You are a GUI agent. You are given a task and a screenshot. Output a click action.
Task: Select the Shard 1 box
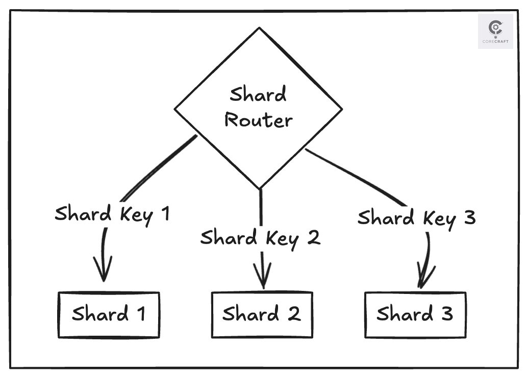click(109, 314)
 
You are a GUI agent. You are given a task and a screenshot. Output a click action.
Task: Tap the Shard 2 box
click(262, 314)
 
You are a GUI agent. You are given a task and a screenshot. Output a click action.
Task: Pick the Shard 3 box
click(415, 314)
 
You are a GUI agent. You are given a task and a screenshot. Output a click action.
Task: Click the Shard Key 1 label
click(112, 214)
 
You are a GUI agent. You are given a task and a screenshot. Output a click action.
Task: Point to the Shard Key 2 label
click(260, 238)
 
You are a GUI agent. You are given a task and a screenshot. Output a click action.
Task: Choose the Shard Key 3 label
click(416, 218)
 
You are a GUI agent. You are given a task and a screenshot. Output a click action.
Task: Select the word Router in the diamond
click(259, 120)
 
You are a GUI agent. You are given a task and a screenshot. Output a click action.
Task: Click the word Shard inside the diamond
click(258, 95)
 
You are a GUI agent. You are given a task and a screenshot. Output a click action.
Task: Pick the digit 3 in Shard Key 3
click(470, 218)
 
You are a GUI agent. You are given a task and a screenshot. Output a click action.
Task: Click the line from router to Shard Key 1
click(158, 168)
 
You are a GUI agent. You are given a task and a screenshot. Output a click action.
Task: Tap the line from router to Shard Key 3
click(357, 176)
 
